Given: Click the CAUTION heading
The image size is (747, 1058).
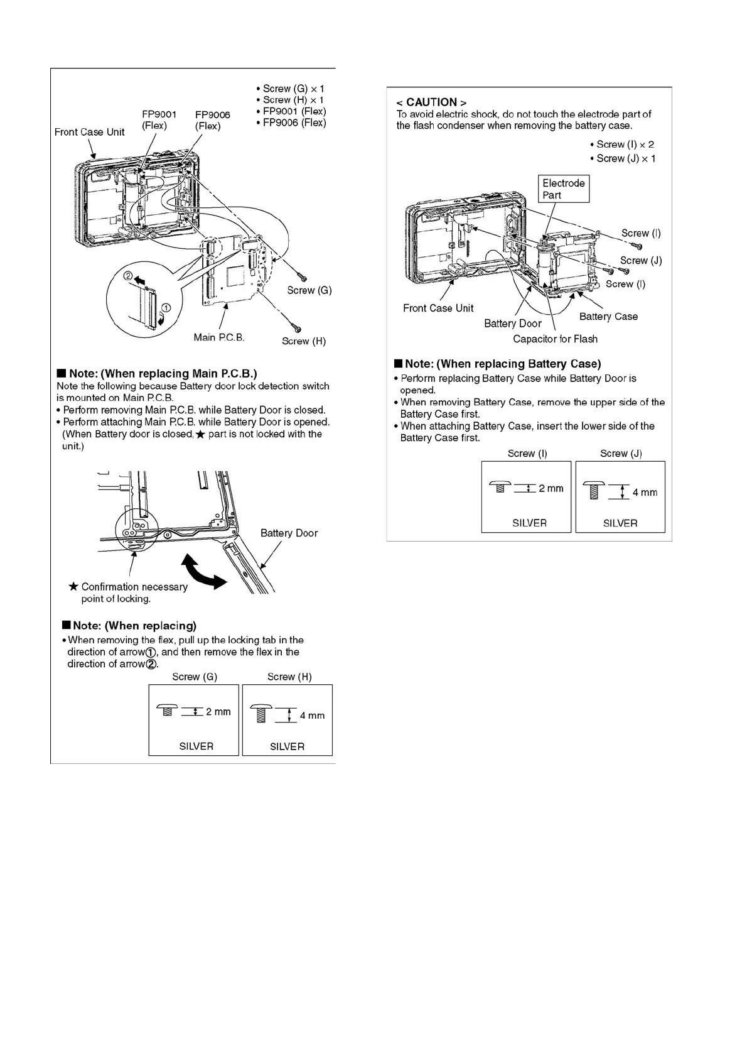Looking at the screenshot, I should [431, 102].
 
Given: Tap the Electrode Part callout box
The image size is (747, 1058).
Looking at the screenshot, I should [564, 188].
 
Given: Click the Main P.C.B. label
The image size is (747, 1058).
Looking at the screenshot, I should [219, 337].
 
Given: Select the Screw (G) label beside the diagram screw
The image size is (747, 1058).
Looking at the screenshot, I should [309, 290].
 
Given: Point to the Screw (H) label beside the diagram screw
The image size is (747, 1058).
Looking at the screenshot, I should [304, 341].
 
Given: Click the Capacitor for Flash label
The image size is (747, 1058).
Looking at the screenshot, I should [555, 339].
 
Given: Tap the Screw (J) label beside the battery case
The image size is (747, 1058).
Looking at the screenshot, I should [641, 260].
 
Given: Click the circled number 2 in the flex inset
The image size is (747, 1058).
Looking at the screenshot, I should [127, 276].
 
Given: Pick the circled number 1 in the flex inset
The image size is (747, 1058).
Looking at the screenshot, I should [166, 308].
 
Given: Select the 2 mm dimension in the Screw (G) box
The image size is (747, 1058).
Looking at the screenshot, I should [218, 712].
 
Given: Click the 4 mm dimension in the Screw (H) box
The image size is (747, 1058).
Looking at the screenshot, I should [312, 716].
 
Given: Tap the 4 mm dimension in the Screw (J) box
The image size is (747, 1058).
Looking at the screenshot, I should [645, 493].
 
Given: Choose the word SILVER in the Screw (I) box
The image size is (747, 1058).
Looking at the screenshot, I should [529, 523].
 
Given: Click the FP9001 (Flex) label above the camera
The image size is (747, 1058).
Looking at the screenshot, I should [159, 120].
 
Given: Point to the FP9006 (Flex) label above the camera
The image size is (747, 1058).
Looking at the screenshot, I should [212, 120].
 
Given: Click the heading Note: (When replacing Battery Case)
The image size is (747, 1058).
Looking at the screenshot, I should [502, 364].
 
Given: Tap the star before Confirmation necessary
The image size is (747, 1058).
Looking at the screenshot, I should [73, 587].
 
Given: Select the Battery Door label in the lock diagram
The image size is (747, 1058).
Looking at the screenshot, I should [289, 533].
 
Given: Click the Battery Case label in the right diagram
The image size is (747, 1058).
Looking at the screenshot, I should [608, 317].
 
